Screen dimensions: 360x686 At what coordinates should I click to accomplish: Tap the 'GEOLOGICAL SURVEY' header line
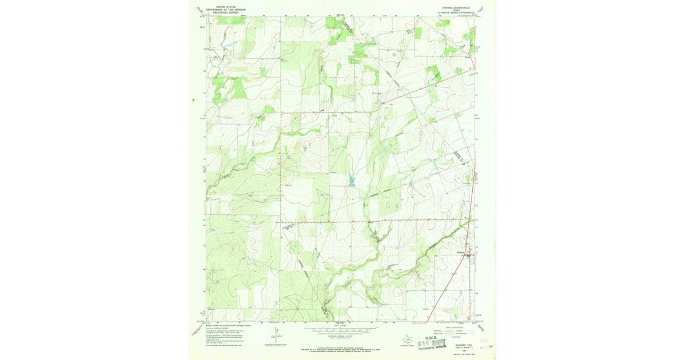pos(226,12)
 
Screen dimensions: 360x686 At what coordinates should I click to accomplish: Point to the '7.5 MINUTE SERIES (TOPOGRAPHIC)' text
pos(455,12)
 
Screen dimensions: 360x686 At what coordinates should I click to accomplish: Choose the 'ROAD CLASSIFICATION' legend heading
pos(454,326)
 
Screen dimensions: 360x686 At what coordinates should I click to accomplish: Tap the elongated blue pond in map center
pos(352,182)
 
